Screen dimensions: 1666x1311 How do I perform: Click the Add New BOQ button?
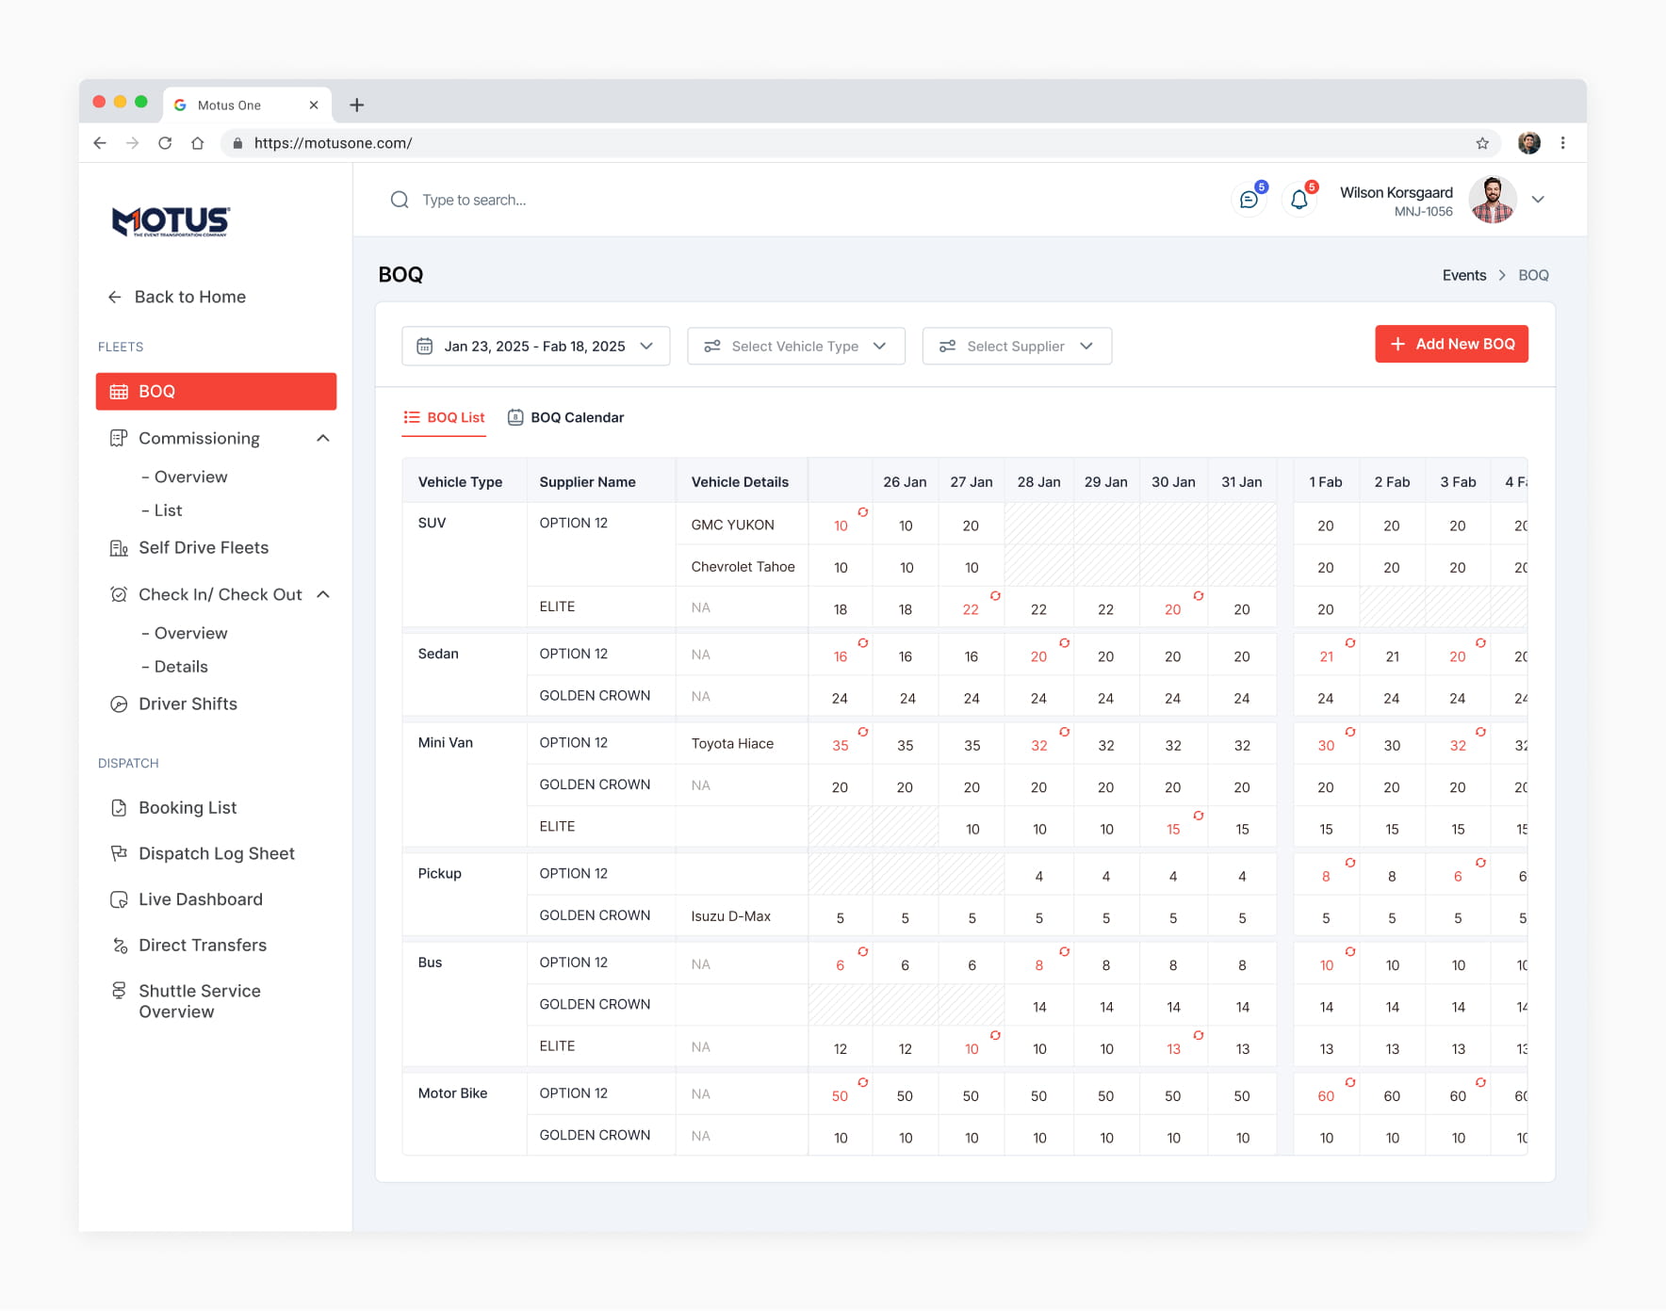[1451, 344]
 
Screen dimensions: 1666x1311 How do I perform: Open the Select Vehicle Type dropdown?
[796, 346]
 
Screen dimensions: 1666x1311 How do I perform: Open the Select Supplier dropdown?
[1017, 346]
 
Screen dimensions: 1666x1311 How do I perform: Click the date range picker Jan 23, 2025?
[535, 346]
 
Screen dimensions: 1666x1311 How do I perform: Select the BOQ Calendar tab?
[566, 417]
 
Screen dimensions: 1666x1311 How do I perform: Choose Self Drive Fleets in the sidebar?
[189, 547]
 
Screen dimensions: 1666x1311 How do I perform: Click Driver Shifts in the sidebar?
[174, 704]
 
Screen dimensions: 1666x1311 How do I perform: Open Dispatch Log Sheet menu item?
[203, 853]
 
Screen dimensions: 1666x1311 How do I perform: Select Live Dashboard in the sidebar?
[187, 899]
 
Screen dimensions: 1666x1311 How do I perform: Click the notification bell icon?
[1299, 200]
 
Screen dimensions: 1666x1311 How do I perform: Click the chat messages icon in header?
[1249, 200]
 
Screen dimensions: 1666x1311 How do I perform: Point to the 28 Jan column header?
[1038, 481]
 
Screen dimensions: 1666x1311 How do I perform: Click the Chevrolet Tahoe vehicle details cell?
[743, 566]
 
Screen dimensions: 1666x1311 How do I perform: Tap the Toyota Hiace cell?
[732, 743]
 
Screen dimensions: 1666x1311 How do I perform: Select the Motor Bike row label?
[452, 1092]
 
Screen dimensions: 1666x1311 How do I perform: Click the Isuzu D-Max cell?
[730, 915]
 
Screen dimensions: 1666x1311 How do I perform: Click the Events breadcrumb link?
[1463, 275]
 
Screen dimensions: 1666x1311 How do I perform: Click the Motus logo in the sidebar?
[171, 221]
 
